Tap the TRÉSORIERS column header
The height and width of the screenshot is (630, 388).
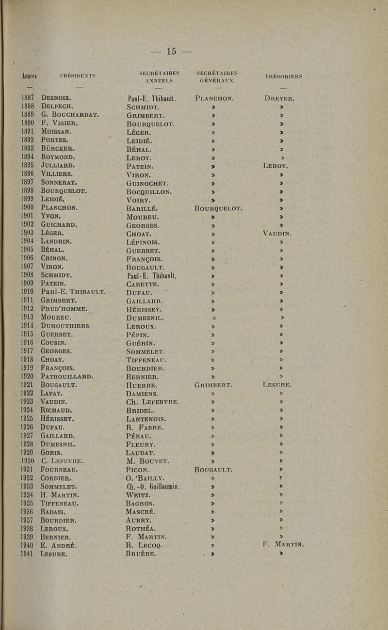pos(284,76)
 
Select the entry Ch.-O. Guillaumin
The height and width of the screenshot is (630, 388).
pos(152,487)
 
